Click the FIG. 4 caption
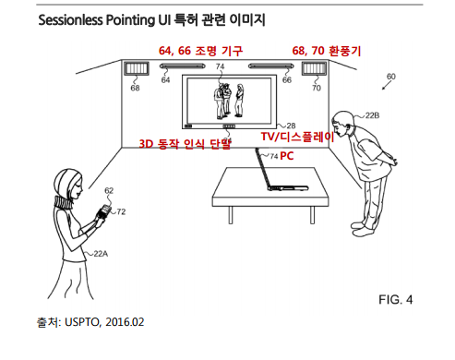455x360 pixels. tap(403, 301)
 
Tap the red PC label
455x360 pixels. tap(286, 156)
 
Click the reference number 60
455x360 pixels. tap(390, 77)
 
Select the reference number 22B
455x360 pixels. tap(371, 115)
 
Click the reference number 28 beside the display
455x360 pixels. tap(291, 125)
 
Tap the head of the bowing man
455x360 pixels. tap(342, 124)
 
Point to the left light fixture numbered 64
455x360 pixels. tap(187, 68)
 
